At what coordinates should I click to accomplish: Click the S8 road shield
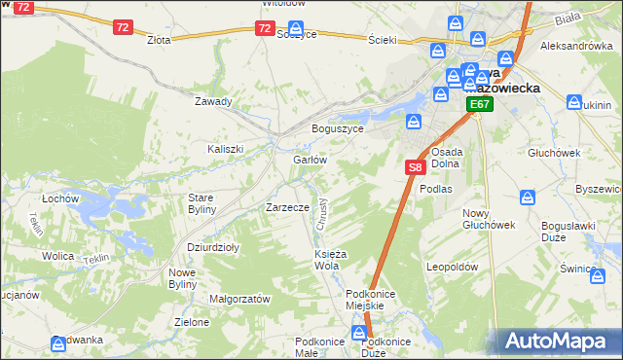point(415,167)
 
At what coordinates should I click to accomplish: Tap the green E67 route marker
point(478,104)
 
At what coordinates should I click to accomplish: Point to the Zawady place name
point(213,101)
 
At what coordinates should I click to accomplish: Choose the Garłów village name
point(309,160)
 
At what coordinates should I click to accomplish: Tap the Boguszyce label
point(337,128)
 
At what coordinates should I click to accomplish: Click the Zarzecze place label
point(287,207)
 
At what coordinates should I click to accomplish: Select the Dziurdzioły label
point(213,247)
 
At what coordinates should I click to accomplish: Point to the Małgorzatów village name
point(239,300)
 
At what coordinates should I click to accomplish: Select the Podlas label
point(436,189)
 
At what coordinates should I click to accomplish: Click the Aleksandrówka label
point(576,46)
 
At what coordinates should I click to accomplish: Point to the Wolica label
point(58,256)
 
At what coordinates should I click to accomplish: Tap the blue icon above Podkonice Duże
point(366,331)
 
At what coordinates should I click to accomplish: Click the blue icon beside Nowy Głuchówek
point(528,198)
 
